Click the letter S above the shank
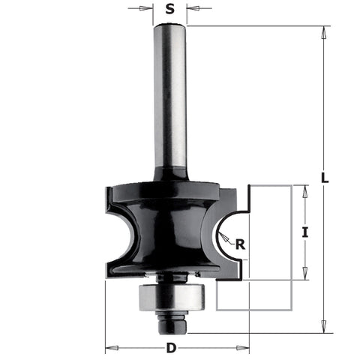[x=170, y=10]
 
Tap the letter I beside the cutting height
[x=304, y=232]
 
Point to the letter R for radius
[x=239, y=243]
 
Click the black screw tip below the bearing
[x=171, y=323]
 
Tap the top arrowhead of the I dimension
[x=304, y=189]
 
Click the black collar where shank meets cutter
[x=171, y=175]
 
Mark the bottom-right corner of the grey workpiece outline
[x=290, y=310]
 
